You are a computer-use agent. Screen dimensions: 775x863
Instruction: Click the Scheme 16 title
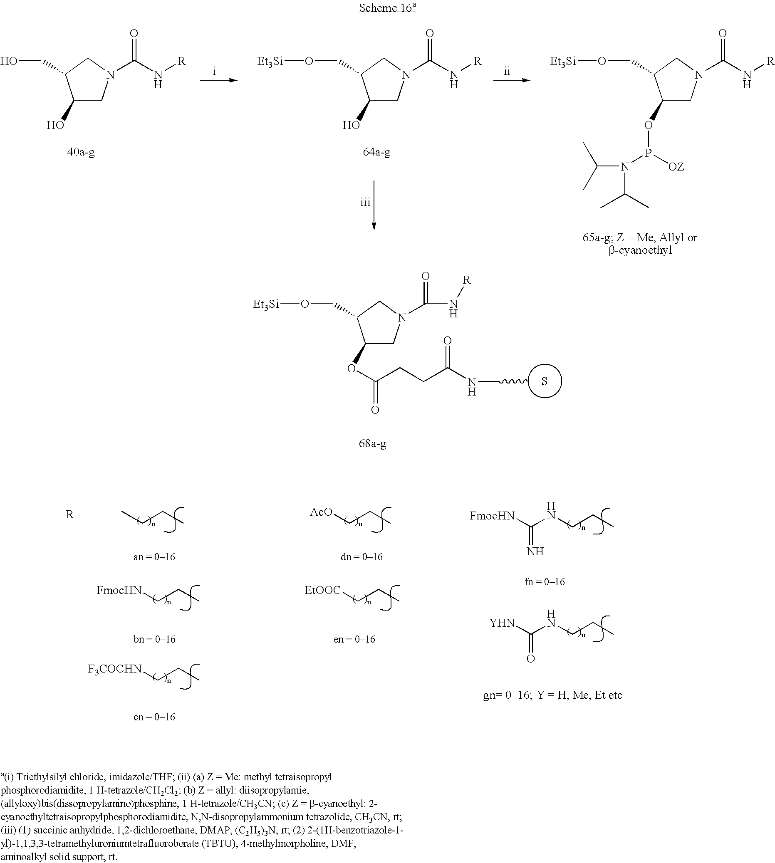pyautogui.click(x=388, y=7)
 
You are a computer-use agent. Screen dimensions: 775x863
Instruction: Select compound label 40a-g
pyautogui.click(x=81, y=152)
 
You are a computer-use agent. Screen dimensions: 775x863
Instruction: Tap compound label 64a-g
pyautogui.click(x=376, y=152)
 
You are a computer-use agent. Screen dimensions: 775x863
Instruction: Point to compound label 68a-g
pyautogui.click(x=373, y=444)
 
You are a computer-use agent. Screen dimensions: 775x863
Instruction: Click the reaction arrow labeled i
pyautogui.click(x=218, y=79)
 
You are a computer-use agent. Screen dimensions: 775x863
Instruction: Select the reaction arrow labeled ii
pyautogui.click(x=511, y=79)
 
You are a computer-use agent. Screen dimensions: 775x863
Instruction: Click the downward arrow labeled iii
pyautogui.click(x=374, y=205)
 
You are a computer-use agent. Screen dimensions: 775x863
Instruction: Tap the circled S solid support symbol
pyautogui.click(x=545, y=381)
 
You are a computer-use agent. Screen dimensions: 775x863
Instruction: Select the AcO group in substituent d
pyautogui.click(x=321, y=512)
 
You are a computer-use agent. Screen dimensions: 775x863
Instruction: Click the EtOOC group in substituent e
pyautogui.click(x=323, y=590)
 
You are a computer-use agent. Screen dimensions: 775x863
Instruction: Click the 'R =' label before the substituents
pyautogui.click(x=75, y=514)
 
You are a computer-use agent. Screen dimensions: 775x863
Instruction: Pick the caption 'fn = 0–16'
pyautogui.click(x=545, y=581)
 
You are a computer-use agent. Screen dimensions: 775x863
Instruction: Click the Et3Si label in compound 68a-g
pyautogui.click(x=266, y=304)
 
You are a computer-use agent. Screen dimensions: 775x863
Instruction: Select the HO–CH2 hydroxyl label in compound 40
pyautogui.click(x=9, y=61)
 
